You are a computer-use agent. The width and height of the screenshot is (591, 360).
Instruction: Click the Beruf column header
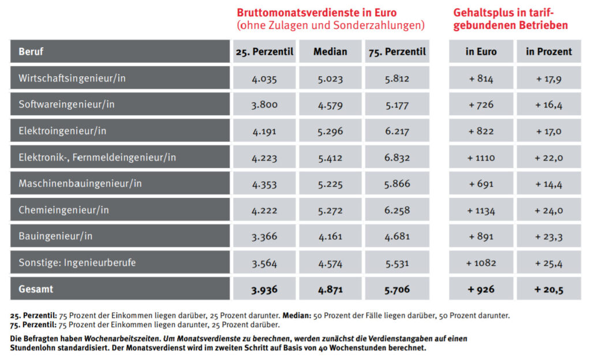tap(31, 51)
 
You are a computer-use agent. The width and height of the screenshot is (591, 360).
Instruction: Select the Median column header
tap(330, 51)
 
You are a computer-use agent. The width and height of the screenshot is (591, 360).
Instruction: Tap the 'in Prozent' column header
tap(548, 51)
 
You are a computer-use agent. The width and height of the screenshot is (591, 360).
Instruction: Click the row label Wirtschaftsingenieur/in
tap(72, 78)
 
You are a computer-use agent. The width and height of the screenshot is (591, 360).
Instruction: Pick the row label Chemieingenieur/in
tap(63, 210)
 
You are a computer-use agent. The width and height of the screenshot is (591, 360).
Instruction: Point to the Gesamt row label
tap(36, 288)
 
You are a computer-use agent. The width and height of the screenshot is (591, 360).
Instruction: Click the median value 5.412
tap(330, 157)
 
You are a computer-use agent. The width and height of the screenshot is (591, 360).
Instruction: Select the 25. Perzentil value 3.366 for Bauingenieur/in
tap(264, 236)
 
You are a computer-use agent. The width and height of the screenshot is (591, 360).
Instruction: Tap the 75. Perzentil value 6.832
tap(397, 157)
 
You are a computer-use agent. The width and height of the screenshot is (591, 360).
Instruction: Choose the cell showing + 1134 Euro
tap(481, 210)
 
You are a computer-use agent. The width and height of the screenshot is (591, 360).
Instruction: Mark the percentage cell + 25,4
tap(548, 262)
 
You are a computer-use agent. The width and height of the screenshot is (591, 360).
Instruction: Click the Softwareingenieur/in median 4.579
tap(330, 104)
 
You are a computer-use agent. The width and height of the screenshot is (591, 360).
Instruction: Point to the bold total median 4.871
tap(330, 289)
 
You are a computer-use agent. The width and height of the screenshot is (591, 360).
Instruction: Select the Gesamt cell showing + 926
tap(481, 289)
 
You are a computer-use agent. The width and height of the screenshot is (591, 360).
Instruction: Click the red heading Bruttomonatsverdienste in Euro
tap(317, 12)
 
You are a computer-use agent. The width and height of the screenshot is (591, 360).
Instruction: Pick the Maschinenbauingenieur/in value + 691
tap(481, 183)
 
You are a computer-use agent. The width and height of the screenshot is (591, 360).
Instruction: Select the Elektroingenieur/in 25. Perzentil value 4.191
tap(264, 131)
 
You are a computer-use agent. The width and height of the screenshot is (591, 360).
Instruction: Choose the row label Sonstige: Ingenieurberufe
tap(77, 262)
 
